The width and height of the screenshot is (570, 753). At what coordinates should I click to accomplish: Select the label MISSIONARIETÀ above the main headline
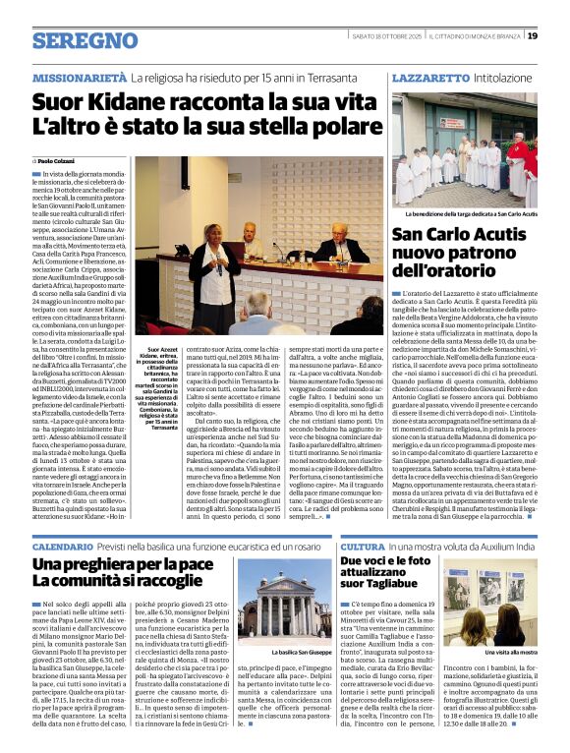click(x=79, y=77)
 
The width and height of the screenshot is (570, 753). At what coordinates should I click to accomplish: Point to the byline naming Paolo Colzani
click(x=60, y=160)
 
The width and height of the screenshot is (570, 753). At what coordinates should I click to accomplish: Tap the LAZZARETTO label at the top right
click(x=429, y=77)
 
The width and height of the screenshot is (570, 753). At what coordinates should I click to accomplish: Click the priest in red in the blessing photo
click(x=516, y=163)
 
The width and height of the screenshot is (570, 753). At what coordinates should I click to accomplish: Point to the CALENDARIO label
click(x=63, y=547)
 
